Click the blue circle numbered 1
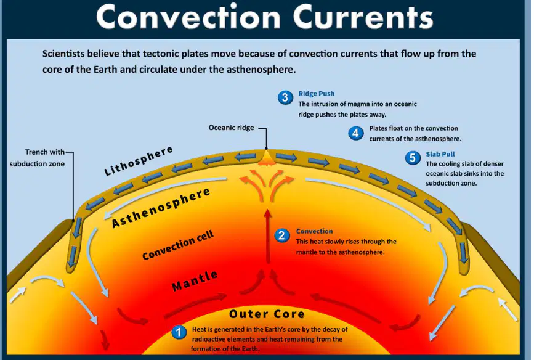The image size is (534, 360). [179, 332]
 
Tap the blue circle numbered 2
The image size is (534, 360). [281, 235]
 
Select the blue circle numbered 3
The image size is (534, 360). [285, 97]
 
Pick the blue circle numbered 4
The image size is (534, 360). [355, 133]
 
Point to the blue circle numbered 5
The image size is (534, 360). [413, 158]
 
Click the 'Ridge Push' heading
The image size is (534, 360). [317, 94]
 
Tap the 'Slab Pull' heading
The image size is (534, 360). [440, 154]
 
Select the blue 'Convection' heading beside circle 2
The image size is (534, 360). [314, 231]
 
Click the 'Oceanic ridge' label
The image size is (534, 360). [231, 128]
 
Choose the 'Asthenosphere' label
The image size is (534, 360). [161, 207]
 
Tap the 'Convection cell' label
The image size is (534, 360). [178, 245]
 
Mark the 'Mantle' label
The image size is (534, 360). [195, 281]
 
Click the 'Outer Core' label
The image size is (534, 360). [267, 314]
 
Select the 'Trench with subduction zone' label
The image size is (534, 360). [38, 158]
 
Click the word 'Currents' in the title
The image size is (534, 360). [363, 17]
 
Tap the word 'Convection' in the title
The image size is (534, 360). [188, 17]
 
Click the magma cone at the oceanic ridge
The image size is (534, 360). [267, 158]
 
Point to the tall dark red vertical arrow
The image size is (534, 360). [268, 236]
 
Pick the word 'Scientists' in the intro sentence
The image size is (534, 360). [63, 54]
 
